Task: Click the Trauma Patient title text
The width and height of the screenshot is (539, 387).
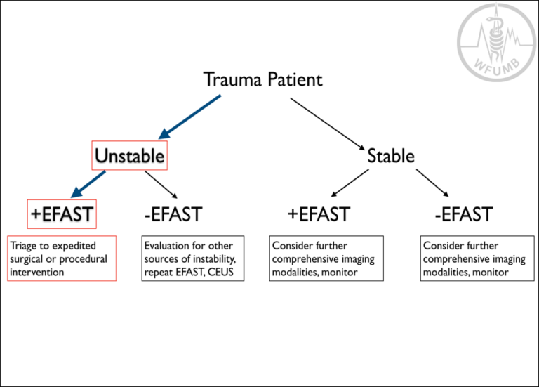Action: tap(262, 79)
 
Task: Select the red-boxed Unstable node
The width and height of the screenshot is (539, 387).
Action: tap(129, 156)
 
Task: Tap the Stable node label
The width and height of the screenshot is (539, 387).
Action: tap(391, 156)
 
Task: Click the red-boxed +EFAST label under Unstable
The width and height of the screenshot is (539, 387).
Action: tap(61, 214)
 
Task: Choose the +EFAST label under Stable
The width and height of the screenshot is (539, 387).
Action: tap(318, 214)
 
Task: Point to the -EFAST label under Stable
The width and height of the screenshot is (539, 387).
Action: tap(463, 214)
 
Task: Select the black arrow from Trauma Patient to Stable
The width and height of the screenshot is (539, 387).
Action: tap(328, 124)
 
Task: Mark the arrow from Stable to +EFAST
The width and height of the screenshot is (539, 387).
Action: tap(349, 183)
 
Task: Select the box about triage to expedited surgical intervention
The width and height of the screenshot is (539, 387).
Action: tap(62, 258)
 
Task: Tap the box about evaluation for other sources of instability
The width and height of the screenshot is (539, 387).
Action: tap(194, 258)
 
